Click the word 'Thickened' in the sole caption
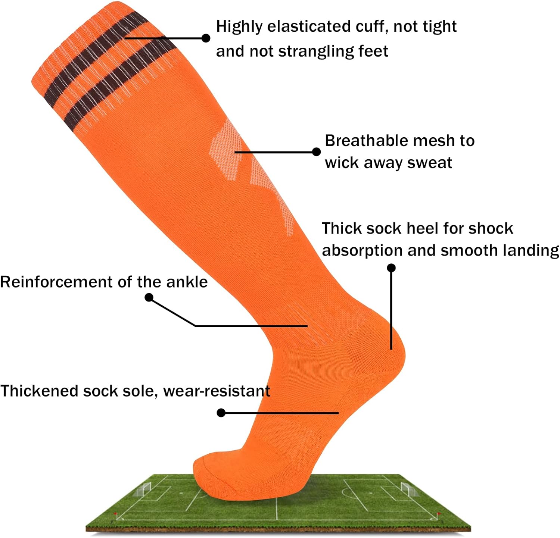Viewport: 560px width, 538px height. click(x=39, y=391)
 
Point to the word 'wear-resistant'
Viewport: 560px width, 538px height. click(x=217, y=391)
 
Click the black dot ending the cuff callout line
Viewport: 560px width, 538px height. click(x=206, y=38)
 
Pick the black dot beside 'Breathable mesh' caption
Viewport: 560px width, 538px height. click(x=316, y=152)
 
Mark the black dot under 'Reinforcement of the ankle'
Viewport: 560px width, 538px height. click(x=149, y=297)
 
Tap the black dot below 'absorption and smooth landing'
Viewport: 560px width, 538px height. click(x=391, y=268)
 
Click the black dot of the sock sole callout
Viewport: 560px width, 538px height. click(x=221, y=413)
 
